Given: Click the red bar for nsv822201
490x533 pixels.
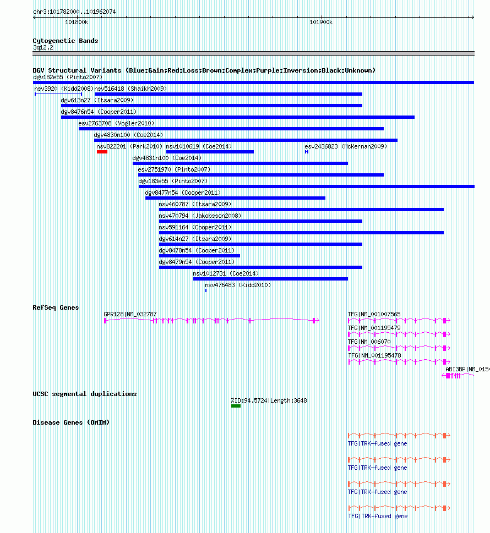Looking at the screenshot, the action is click(102, 152).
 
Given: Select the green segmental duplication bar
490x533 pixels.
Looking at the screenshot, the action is click(236, 406).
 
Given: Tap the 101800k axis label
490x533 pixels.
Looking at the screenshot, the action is click(77, 23).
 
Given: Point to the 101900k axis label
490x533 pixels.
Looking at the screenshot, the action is click(321, 23).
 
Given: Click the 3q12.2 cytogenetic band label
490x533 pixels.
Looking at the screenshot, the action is click(43, 48).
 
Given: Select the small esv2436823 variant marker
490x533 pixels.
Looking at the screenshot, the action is click(307, 152).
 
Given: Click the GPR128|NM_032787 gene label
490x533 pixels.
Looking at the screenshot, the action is click(130, 314).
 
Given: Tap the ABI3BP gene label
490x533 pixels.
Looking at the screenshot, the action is click(467, 369).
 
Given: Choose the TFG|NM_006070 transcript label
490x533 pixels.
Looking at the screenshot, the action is click(369, 342).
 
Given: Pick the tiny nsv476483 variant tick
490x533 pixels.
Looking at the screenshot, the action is click(206, 290).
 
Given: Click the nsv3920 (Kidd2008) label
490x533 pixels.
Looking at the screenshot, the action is click(64, 89).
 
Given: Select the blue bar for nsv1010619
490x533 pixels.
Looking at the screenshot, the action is click(210, 152).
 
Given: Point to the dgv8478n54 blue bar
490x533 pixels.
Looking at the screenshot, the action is click(199, 256).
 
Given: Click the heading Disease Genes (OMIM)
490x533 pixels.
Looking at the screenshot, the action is click(71, 422).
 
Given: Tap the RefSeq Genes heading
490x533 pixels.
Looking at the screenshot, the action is click(56, 307).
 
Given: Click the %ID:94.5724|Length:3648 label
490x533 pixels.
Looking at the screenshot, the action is click(269, 401).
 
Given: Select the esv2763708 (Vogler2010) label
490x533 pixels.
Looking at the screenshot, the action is click(116, 123).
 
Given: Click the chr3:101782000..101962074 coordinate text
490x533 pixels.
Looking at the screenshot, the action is click(74, 12).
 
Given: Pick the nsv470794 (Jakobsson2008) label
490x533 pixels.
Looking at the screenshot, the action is click(200, 216).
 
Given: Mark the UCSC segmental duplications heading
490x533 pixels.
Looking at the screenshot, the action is click(85, 394).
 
